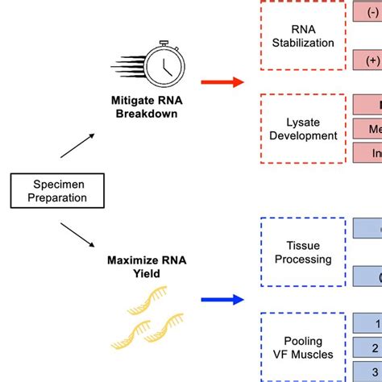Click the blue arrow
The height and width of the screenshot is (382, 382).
coord(222,300)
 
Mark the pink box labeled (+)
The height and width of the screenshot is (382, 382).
coord(367,60)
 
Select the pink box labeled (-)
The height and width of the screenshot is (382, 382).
coord(367,11)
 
